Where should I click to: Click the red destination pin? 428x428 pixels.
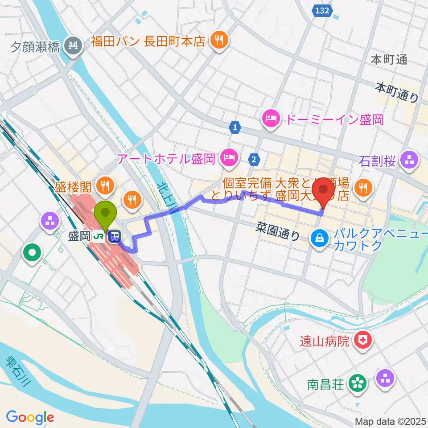325,191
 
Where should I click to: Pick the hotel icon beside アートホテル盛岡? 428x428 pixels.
229,157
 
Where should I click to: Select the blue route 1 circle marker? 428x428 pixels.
235,128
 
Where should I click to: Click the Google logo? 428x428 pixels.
30,417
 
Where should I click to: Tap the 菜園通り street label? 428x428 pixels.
278,232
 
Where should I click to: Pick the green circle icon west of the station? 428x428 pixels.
33,253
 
